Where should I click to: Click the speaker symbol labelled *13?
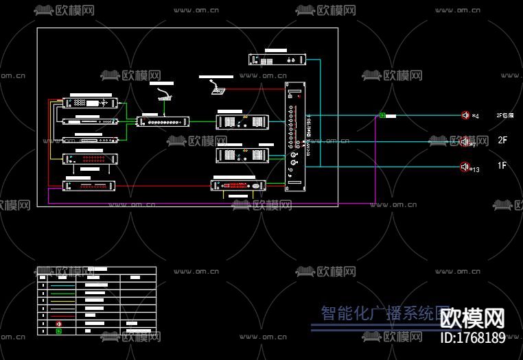(x=465, y=167)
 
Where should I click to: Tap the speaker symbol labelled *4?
(x=465, y=115)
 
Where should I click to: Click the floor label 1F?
(x=502, y=166)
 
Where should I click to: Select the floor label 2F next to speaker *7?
(x=502, y=141)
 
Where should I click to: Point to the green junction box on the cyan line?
(x=382, y=116)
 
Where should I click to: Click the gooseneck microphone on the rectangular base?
(x=165, y=95)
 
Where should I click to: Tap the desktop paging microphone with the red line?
(x=218, y=88)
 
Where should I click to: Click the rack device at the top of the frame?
(x=277, y=60)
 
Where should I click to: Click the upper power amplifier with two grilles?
(x=240, y=122)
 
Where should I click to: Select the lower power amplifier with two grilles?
(x=240, y=156)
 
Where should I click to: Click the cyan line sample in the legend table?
(x=62, y=285)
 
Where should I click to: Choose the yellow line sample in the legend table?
(x=62, y=300)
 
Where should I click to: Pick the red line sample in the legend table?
(x=62, y=315)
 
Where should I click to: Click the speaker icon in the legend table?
(x=59, y=323)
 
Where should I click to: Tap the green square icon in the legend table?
(x=59, y=331)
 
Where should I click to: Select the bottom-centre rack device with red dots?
(x=237, y=185)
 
